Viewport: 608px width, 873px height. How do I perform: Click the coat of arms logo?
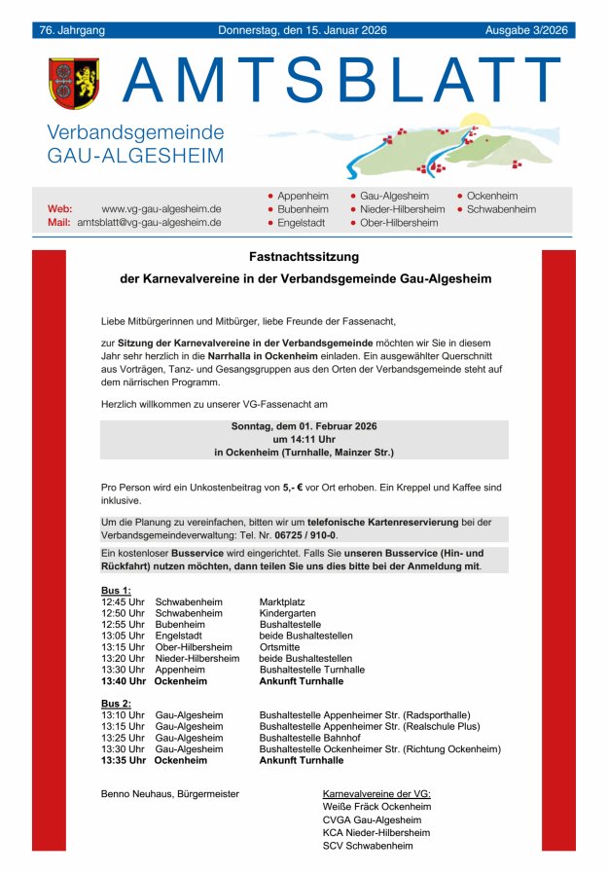click(x=74, y=83)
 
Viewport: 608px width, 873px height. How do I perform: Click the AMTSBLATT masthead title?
click(x=342, y=80)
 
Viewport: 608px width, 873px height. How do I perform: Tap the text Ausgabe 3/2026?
click(x=525, y=30)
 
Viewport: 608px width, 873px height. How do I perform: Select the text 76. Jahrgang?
click(x=72, y=30)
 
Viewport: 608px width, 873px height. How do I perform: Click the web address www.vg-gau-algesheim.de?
click(x=161, y=209)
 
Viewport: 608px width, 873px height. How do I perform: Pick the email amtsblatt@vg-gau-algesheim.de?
click(x=149, y=223)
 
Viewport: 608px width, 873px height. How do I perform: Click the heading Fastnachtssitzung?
click(x=304, y=257)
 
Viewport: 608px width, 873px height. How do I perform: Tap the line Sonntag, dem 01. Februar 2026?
click(x=304, y=426)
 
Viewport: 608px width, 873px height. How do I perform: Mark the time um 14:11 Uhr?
click(x=304, y=439)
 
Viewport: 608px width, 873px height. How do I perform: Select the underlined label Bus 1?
click(x=116, y=590)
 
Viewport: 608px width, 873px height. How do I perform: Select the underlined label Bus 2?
click(x=116, y=703)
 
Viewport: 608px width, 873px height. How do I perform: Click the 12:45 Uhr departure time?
click(x=123, y=601)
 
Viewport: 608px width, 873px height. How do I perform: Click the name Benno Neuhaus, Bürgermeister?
click(x=169, y=794)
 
